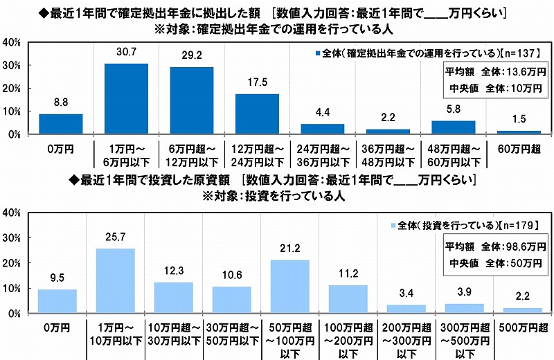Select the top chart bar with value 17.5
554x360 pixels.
(x=257, y=114)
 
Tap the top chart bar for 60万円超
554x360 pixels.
(x=519, y=132)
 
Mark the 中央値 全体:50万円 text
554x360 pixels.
(x=494, y=262)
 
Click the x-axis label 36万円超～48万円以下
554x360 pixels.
(x=388, y=153)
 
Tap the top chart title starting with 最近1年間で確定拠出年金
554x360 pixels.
(x=277, y=12)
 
